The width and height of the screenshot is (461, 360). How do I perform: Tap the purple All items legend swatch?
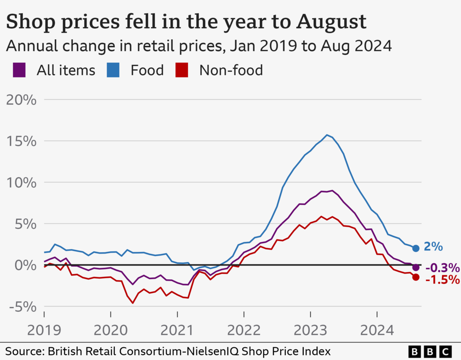pos(19,70)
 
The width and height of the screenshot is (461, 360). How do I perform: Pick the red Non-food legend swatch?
pos(181,70)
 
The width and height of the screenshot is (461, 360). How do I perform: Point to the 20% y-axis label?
pos(21,100)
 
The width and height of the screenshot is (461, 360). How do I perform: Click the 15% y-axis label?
pos(21,141)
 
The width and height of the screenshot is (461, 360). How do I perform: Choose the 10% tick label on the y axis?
pos(21,182)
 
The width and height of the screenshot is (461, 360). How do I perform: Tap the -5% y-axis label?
pos(21,307)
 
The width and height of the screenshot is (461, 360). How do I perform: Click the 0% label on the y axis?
pos(26,265)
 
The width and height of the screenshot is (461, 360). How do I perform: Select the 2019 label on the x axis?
pos(44,330)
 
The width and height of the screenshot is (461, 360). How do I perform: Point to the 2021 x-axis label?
pos(177,330)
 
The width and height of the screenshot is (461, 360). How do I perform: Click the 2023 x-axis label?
pos(310,330)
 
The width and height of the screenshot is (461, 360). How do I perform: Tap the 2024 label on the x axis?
pos(377,330)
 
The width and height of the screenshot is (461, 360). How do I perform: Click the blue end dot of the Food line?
pos(416,248)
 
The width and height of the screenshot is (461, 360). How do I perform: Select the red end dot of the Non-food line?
pos(416,277)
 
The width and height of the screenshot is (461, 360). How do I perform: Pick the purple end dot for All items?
pos(416,267)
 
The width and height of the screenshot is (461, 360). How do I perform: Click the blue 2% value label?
pos(434,247)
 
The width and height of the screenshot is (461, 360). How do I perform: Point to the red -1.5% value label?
pos(442,280)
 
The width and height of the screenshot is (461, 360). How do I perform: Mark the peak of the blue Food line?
pos(327,135)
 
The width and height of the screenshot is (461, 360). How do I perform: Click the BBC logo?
pos(430,351)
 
